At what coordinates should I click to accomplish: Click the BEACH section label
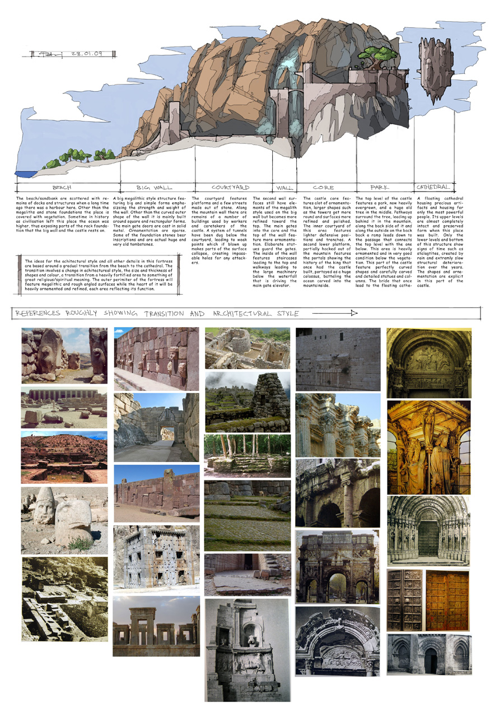(x=62, y=188)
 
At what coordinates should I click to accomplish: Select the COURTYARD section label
(x=230, y=187)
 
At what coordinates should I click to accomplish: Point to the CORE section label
(x=323, y=188)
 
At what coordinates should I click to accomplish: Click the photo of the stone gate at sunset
(x=156, y=626)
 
